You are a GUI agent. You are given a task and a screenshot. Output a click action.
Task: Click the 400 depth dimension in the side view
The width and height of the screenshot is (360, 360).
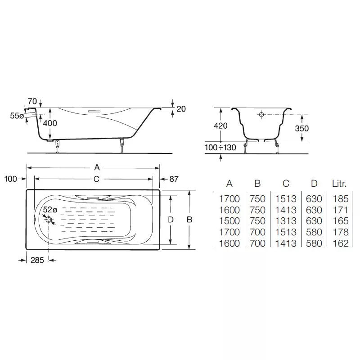point(50,123)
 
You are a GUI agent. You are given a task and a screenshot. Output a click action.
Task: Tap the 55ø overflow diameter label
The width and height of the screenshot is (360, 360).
point(17,116)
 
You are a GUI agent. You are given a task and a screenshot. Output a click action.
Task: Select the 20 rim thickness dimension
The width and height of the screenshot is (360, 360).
point(181,109)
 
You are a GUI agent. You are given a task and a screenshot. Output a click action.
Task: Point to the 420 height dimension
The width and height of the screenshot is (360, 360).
point(220,126)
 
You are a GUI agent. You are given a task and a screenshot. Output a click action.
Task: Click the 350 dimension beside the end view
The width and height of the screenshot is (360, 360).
point(302,128)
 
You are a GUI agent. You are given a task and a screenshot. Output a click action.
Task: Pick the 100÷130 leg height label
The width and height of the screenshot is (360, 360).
point(220,148)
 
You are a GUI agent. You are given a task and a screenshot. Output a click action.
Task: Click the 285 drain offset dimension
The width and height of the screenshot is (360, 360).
point(37,260)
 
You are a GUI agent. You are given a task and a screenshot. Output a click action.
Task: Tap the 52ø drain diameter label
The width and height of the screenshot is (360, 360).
point(50,210)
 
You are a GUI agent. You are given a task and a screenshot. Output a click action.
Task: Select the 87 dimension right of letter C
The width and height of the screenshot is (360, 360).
point(174,179)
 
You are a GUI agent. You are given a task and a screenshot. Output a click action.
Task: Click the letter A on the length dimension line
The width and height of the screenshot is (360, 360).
point(97,167)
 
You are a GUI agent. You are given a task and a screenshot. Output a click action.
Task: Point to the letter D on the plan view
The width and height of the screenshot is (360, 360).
point(171,220)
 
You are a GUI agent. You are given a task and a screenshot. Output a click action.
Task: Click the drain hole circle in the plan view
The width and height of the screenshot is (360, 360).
point(49,219)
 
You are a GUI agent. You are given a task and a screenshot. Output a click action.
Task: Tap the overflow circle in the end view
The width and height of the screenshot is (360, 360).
point(261,114)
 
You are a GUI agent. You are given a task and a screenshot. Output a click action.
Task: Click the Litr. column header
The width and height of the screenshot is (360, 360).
point(339,184)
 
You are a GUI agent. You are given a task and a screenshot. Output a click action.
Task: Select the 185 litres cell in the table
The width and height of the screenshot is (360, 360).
point(341,199)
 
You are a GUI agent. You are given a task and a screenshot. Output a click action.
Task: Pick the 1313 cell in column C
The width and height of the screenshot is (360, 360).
point(286,221)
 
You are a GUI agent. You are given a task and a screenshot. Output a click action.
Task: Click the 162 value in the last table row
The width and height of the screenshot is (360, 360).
point(341,243)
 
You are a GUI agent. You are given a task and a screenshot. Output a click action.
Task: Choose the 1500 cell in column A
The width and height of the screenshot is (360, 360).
point(229,221)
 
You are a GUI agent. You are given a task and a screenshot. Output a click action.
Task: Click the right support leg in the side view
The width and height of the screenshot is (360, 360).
point(122,145)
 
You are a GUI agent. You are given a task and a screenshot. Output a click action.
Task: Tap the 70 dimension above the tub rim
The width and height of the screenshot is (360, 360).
point(32,101)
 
